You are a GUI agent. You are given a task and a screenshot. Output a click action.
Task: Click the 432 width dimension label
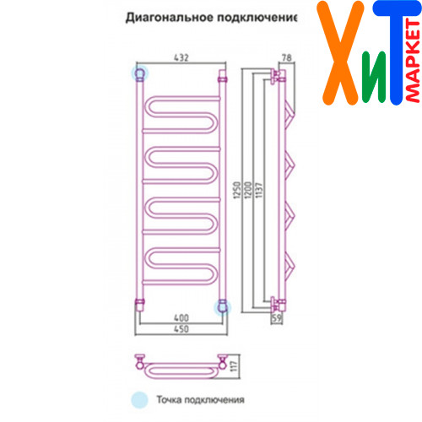[x=181, y=57]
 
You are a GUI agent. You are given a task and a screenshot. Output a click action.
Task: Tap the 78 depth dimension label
[x=286, y=57]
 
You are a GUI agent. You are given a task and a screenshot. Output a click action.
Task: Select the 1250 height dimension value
[x=237, y=190]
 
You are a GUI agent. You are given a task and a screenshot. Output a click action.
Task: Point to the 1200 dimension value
[x=248, y=190]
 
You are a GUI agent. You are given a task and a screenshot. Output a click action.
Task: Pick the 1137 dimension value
[x=259, y=190]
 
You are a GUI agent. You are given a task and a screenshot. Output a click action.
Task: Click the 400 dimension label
[x=181, y=318]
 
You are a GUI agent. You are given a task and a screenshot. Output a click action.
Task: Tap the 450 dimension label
[x=181, y=329]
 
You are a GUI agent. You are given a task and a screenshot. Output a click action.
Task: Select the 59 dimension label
[x=277, y=318]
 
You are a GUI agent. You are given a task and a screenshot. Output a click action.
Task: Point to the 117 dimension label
[x=234, y=366]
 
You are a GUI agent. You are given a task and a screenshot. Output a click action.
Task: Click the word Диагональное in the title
[x=170, y=18]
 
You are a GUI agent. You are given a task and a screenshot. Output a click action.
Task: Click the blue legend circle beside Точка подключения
[x=140, y=400]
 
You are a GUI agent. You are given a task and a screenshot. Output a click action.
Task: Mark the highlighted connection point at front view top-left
[x=140, y=73]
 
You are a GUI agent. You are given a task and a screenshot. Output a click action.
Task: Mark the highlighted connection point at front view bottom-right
[x=222, y=307]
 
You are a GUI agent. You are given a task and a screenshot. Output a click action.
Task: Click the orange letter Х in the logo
[x=340, y=53]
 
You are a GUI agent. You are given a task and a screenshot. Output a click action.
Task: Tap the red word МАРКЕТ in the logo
[x=413, y=61]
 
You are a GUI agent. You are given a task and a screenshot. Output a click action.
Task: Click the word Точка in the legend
[x=169, y=399]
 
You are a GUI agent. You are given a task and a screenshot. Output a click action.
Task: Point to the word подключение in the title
[x=257, y=19]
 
